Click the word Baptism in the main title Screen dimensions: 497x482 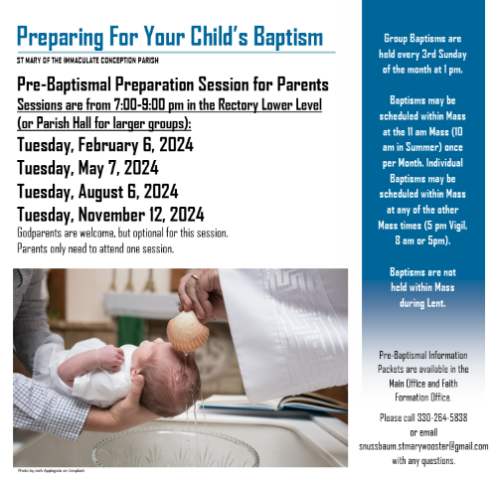(x=288, y=37)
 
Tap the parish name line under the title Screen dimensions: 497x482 (x=87, y=61)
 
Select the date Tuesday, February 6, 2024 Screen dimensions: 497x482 (x=105, y=145)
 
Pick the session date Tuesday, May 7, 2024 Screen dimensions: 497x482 (x=87, y=168)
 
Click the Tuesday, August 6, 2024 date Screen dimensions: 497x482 (x=97, y=192)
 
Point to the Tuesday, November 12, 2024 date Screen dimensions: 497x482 (x=110, y=215)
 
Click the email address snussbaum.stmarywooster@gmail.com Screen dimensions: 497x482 (x=423, y=446)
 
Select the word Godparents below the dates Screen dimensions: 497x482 (x=40, y=234)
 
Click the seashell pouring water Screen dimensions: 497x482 (x=188, y=331)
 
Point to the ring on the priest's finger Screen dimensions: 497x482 (x=195, y=277)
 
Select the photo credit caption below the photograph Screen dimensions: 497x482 (x=52, y=471)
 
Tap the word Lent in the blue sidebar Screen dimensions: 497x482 (x=435, y=303)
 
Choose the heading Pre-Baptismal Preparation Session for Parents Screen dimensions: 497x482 (x=173, y=84)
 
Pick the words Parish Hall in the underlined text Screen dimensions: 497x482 (x=64, y=123)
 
